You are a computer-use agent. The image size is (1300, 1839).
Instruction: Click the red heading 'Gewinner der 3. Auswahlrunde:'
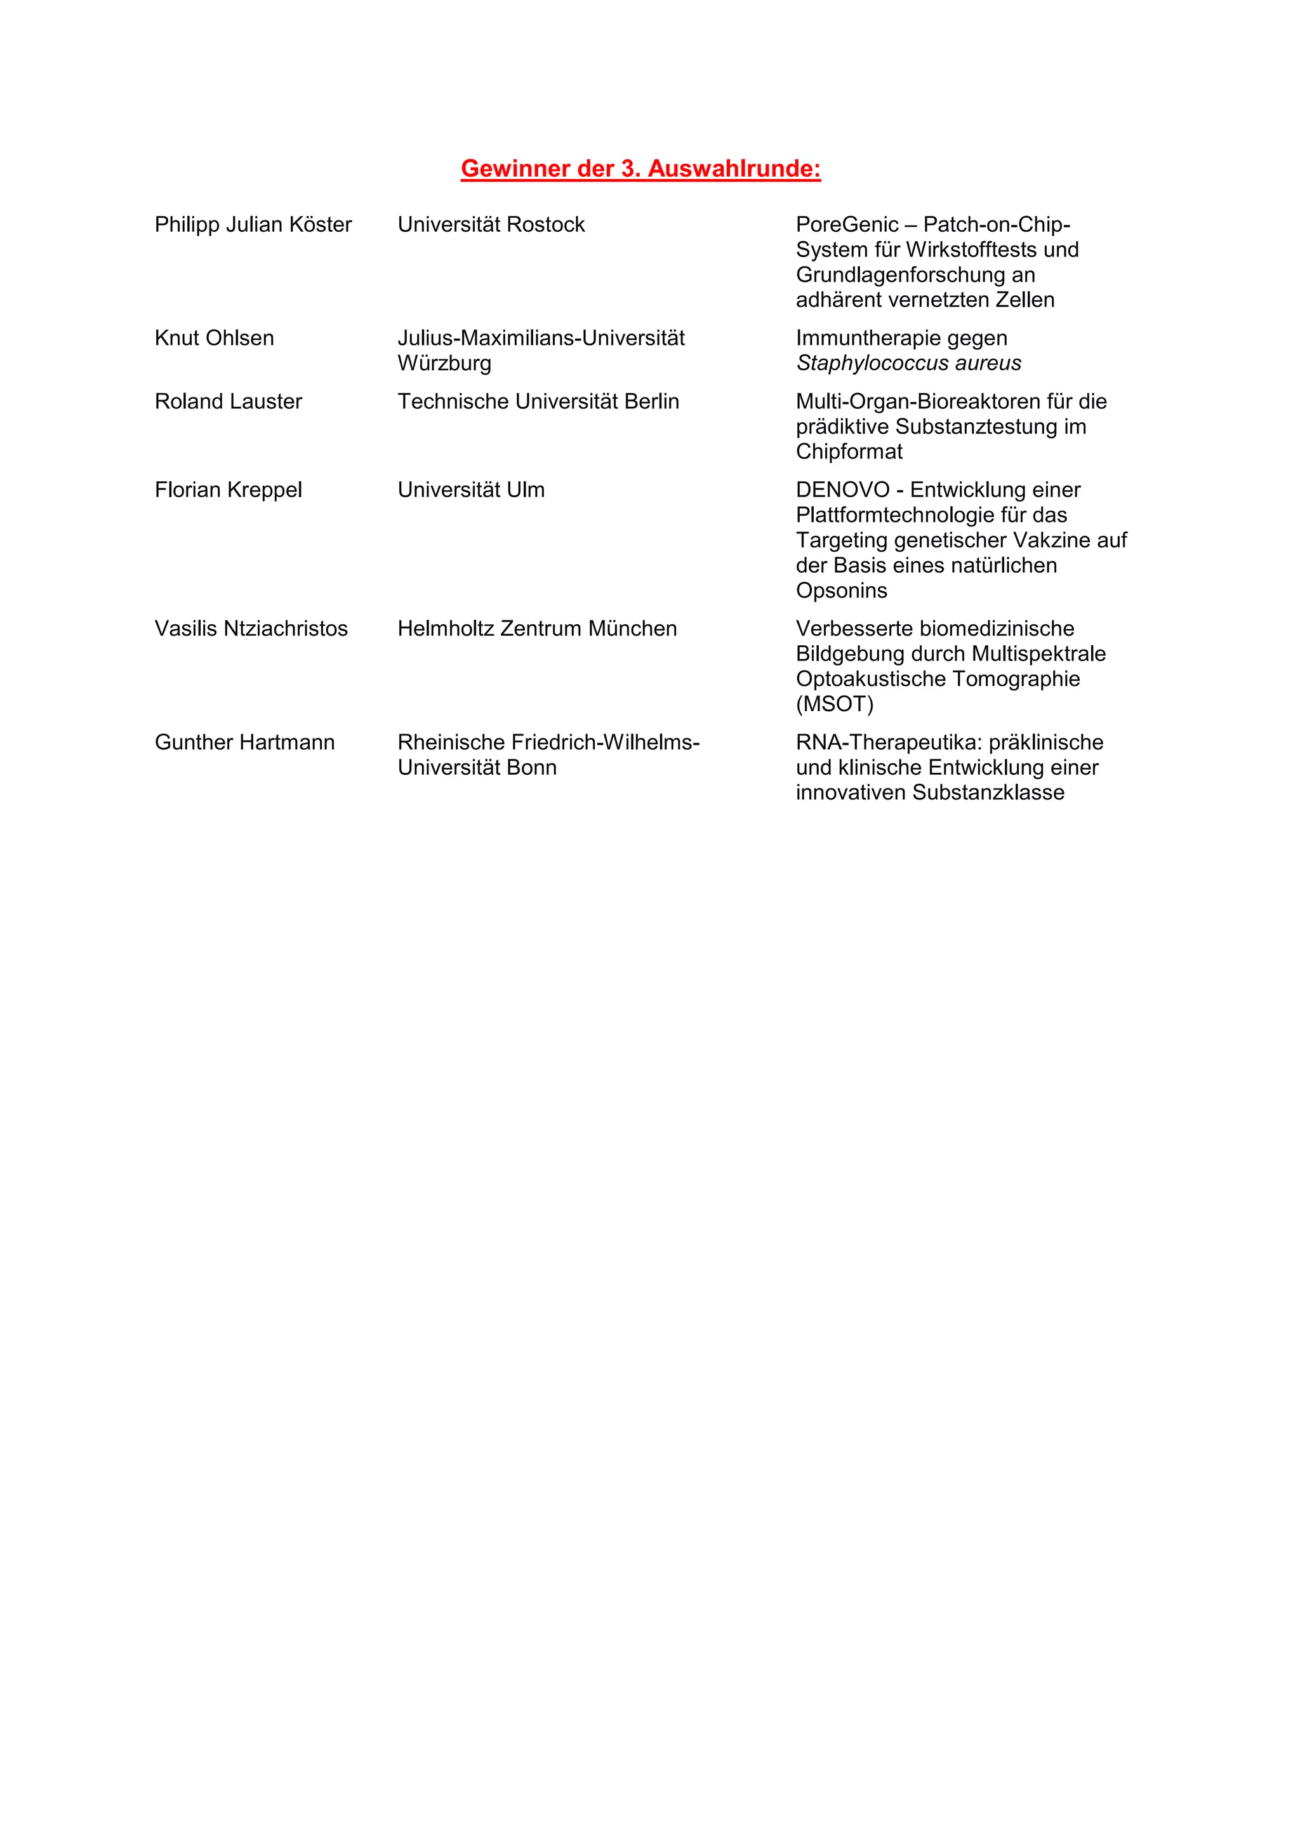pyautogui.click(x=640, y=168)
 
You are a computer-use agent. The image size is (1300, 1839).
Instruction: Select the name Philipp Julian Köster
pyautogui.click(x=253, y=224)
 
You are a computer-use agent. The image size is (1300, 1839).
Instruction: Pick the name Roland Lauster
pyautogui.click(x=228, y=401)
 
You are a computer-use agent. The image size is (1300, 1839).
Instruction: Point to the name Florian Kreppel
pyautogui.click(x=228, y=490)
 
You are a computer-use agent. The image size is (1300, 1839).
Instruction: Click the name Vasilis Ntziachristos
pyautogui.click(x=251, y=629)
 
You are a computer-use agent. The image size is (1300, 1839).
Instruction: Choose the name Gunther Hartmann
pyautogui.click(x=244, y=742)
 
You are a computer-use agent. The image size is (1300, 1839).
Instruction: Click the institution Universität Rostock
pyautogui.click(x=491, y=224)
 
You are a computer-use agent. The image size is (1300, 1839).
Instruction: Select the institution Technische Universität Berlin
pyautogui.click(x=538, y=401)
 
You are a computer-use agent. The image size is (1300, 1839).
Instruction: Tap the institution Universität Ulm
pyautogui.click(x=471, y=490)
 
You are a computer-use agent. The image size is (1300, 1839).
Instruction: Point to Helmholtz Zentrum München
pyautogui.click(x=537, y=629)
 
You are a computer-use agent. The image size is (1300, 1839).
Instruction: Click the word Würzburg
pyautogui.click(x=444, y=364)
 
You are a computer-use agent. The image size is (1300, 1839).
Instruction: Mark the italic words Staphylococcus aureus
pyautogui.click(x=908, y=364)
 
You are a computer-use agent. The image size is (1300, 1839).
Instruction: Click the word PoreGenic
pyautogui.click(x=847, y=224)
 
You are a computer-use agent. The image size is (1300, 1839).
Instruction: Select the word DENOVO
pyautogui.click(x=842, y=490)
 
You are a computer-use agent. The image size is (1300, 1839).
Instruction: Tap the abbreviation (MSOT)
pyautogui.click(x=834, y=704)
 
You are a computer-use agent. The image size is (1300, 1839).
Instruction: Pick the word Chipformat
pyautogui.click(x=849, y=451)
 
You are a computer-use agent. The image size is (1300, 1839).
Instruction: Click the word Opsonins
pyautogui.click(x=841, y=591)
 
